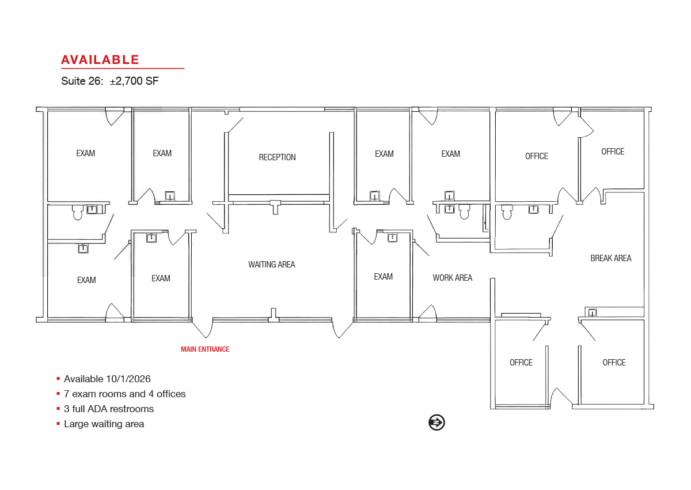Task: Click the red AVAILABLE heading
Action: coord(100,60)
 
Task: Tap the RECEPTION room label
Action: coord(277,157)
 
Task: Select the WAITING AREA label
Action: coord(271,265)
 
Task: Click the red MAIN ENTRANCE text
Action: coord(205,349)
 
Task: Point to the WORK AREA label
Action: coord(452,278)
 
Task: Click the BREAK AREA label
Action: coord(611,258)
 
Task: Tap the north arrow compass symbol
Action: coord(436,423)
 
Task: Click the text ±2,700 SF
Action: coord(134,81)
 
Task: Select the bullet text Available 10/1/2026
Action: coord(107,379)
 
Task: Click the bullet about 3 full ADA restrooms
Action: coord(109,409)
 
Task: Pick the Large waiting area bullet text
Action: coord(104,424)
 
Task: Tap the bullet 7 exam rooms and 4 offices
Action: coord(124,394)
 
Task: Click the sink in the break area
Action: coord(593,313)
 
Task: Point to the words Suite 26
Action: coord(82,81)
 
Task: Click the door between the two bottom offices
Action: coord(561,397)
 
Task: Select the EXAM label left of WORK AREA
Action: coord(383,277)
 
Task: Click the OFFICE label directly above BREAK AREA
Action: coord(613,152)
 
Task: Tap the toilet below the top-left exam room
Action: coord(77,212)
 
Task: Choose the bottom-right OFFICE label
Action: coord(614,363)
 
